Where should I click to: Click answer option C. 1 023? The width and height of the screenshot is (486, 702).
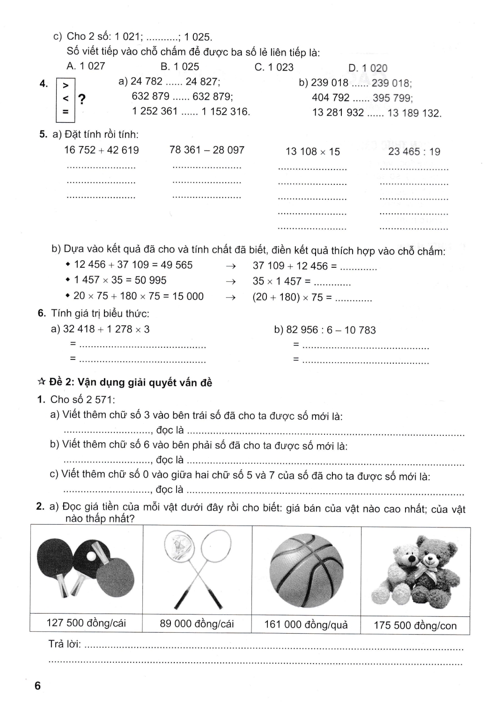pos(274,67)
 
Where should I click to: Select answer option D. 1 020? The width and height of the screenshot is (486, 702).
pos(368,68)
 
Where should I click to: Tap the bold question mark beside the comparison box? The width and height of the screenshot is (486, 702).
pos(82,99)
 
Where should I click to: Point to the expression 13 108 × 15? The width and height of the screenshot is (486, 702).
pos(313,152)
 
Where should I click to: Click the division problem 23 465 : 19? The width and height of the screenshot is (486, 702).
pos(414,151)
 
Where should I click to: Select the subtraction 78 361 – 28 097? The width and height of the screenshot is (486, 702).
pos(207,150)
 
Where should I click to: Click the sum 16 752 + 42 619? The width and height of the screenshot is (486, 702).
pos(102,150)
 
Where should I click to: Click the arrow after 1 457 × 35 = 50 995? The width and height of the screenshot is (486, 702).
pos(230,281)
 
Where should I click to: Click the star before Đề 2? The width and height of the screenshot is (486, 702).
pos(41,382)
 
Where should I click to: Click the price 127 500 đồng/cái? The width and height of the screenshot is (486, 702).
pos(86,623)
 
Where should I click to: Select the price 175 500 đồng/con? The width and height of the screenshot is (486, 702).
pos(415,625)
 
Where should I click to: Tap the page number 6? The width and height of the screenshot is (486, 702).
pos(37,686)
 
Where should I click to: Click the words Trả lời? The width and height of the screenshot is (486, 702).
pos(64,644)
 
